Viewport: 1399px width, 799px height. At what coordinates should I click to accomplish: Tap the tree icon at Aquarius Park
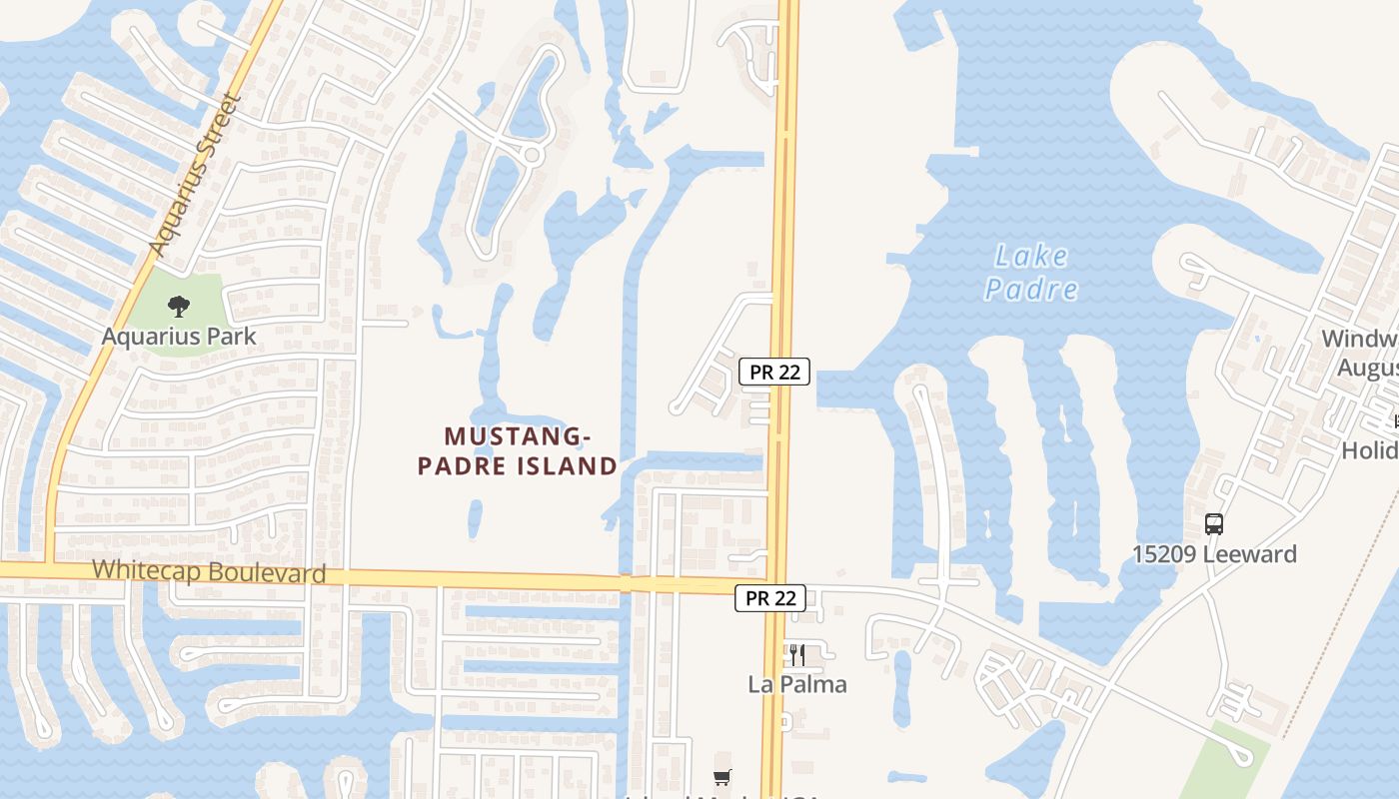click(179, 307)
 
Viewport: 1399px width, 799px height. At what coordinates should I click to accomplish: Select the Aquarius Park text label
click(179, 337)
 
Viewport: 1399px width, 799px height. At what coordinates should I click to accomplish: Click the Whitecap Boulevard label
click(209, 572)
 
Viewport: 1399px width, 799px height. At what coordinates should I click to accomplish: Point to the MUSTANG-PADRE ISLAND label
click(517, 450)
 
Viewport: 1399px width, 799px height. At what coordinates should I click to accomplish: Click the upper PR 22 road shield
click(774, 372)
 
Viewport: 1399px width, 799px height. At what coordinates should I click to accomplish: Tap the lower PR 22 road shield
click(770, 598)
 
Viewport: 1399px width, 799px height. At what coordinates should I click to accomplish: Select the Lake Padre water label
click(1031, 273)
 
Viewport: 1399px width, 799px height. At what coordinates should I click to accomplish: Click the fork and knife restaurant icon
click(797, 655)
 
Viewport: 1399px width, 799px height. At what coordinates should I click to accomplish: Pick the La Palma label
click(797, 685)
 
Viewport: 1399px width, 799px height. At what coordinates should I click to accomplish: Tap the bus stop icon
click(1214, 523)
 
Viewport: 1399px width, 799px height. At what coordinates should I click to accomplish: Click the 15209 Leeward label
click(1214, 554)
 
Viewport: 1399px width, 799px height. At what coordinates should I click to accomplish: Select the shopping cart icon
click(722, 777)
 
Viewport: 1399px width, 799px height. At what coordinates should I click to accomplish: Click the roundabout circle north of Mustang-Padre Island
click(532, 155)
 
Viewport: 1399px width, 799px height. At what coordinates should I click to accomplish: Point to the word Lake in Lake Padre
click(1031, 257)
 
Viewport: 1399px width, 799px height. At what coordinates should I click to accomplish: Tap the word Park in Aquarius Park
click(231, 337)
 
